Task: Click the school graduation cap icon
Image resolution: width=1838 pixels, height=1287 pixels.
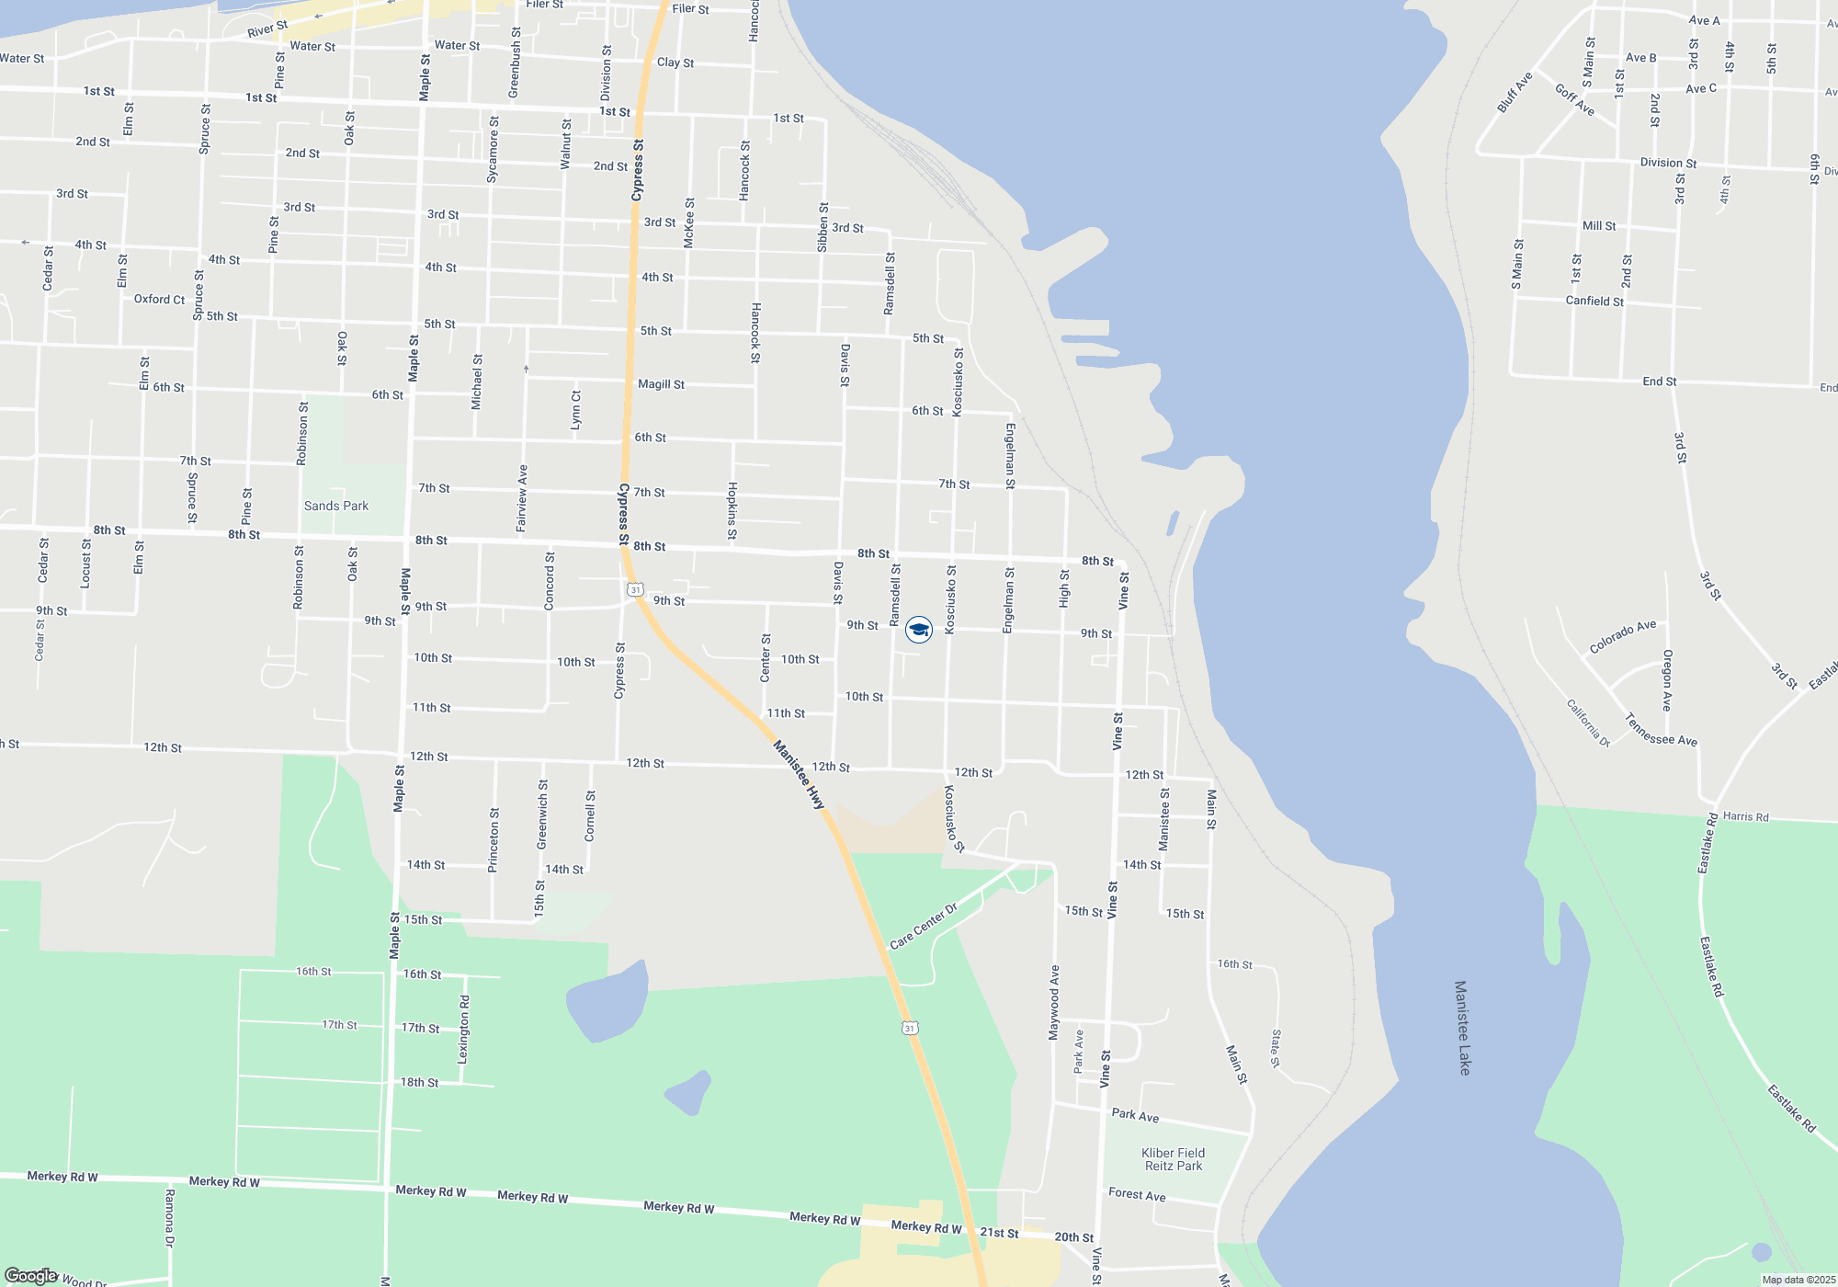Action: tap(919, 630)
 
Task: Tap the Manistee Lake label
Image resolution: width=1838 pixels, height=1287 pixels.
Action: tap(1462, 1027)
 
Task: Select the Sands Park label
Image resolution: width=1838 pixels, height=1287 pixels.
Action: tap(336, 506)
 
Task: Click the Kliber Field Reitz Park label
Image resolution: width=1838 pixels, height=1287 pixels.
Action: tap(1173, 1159)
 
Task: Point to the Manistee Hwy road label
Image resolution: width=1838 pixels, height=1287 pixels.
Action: tap(798, 775)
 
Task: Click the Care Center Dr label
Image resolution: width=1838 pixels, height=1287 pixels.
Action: tap(924, 927)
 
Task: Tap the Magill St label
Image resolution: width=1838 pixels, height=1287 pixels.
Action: tap(661, 384)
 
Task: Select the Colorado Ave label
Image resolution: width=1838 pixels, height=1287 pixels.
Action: tap(1623, 637)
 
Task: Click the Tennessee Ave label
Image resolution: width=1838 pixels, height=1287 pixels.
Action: tap(1661, 730)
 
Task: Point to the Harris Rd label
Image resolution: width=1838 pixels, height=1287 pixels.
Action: tap(1745, 816)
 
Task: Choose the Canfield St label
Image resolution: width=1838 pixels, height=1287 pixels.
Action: tap(1594, 301)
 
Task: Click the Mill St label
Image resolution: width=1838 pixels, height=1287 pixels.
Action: tap(1599, 226)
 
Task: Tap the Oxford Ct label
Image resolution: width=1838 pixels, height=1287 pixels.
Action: tap(159, 299)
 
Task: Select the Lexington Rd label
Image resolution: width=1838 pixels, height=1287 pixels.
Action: tap(464, 1029)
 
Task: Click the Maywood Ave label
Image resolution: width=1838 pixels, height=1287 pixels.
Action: tap(1054, 1002)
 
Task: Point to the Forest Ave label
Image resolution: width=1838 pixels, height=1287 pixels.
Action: tap(1137, 1194)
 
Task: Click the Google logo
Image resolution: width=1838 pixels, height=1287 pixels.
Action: tap(30, 1276)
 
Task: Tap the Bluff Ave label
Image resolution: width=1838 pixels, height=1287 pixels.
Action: tap(1515, 93)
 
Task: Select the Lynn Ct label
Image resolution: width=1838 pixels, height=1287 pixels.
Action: tap(576, 410)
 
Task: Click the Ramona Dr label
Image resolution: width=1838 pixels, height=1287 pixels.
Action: tap(169, 1217)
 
